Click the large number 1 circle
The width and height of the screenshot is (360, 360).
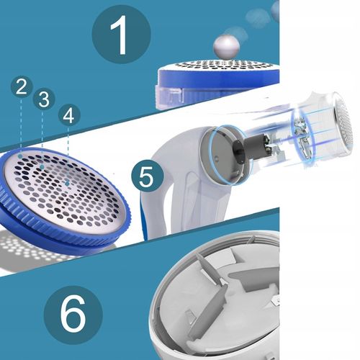click(121, 35)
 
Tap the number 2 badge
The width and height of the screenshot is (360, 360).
click(22, 87)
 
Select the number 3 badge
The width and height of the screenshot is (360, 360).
click(44, 99)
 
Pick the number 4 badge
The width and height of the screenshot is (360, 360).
click(68, 115)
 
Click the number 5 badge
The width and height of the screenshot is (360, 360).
click(147, 176)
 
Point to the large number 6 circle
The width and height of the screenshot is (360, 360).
click(73, 315)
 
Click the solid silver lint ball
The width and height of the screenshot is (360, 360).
click(226, 47)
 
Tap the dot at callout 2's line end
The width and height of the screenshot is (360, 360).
click(21, 156)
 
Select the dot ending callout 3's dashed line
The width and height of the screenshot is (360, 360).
click(42, 167)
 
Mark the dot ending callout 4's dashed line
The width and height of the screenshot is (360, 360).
click(67, 184)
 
